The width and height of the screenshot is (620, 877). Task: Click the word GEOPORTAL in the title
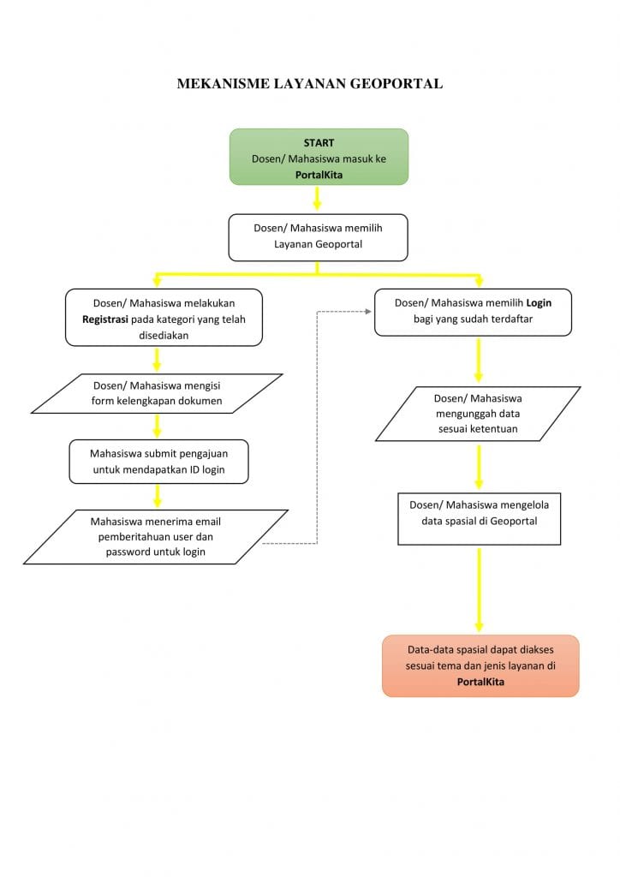click(396, 84)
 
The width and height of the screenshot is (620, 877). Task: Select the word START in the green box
click(319, 143)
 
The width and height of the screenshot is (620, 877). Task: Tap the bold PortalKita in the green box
click(319, 175)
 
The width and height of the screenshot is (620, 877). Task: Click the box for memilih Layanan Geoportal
click(318, 238)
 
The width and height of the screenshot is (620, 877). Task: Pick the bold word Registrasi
click(105, 319)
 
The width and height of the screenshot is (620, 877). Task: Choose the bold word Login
click(539, 303)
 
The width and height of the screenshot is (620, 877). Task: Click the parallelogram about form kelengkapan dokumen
click(157, 394)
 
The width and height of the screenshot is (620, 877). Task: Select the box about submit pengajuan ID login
click(158, 462)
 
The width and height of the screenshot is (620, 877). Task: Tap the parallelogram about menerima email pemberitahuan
click(155, 537)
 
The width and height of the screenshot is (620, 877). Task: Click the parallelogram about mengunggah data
click(478, 414)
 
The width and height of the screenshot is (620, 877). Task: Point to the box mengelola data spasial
click(479, 519)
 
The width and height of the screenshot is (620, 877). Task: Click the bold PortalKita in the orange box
click(480, 682)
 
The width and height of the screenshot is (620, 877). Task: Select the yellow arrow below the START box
click(317, 198)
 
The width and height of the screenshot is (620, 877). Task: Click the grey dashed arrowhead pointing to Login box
click(368, 312)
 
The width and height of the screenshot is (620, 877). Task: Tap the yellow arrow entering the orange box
click(479, 590)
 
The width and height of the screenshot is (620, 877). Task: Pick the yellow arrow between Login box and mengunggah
click(479, 361)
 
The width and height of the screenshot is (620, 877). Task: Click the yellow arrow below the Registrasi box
click(157, 359)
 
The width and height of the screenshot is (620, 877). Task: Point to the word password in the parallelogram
click(128, 552)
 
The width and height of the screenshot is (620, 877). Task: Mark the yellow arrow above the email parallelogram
click(158, 496)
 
